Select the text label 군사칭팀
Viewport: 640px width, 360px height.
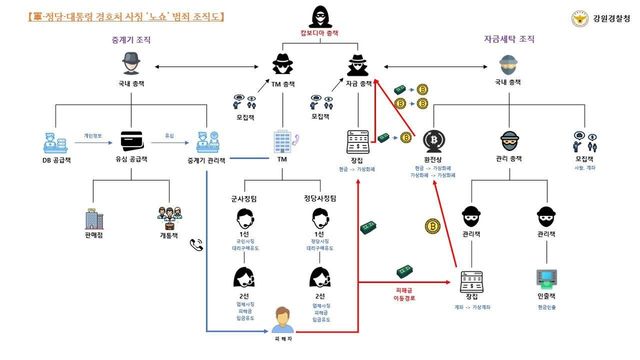pyautogui.click(x=247, y=198)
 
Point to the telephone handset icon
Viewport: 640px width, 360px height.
pyautogui.click(x=196, y=242)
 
